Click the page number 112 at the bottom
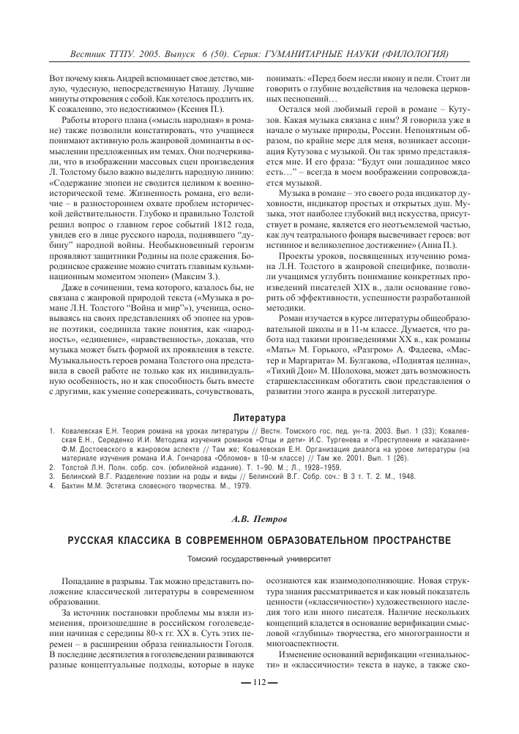point(259,703)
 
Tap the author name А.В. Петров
point(259,520)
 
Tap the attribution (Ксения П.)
point(186,108)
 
